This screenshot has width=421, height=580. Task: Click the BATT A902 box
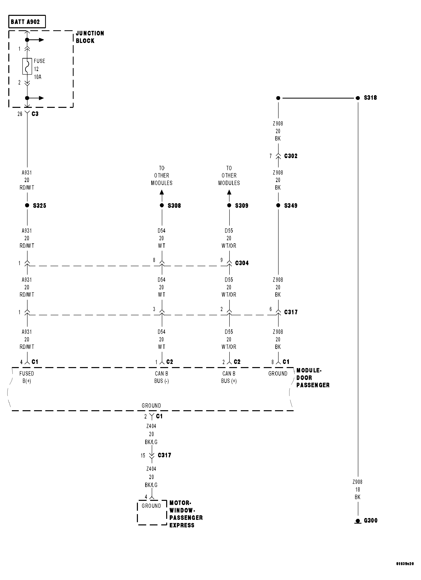pyautogui.click(x=27, y=22)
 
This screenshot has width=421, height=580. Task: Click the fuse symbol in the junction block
pyautogui.click(x=27, y=66)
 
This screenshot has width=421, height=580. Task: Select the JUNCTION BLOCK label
pyautogui.click(x=90, y=37)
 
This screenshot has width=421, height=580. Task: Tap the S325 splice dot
pyautogui.click(x=27, y=205)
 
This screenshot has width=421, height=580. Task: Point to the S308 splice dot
pyautogui.click(x=162, y=205)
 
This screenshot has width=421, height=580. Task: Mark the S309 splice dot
pyautogui.click(x=229, y=205)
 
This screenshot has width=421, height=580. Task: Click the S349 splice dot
pyautogui.click(x=278, y=205)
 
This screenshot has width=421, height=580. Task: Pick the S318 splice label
pyautogui.click(x=370, y=98)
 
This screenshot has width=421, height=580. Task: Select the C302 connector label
pyautogui.click(x=291, y=156)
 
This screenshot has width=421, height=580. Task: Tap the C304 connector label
pyautogui.click(x=242, y=263)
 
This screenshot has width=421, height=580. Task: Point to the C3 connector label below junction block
pyautogui.click(x=35, y=114)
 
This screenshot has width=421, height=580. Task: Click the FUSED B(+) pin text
pyautogui.click(x=27, y=377)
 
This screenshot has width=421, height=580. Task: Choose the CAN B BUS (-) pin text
pyautogui.click(x=162, y=377)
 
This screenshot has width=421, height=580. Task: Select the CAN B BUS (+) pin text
pyautogui.click(x=229, y=377)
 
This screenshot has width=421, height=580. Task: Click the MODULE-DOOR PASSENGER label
pyautogui.click(x=313, y=378)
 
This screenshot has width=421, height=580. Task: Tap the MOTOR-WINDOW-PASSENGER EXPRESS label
pyautogui.click(x=186, y=514)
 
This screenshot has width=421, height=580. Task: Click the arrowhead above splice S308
pyautogui.click(x=162, y=192)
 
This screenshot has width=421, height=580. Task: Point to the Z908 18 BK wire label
pyautogui.click(x=357, y=490)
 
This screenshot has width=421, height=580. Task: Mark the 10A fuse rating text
pyautogui.click(x=38, y=77)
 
